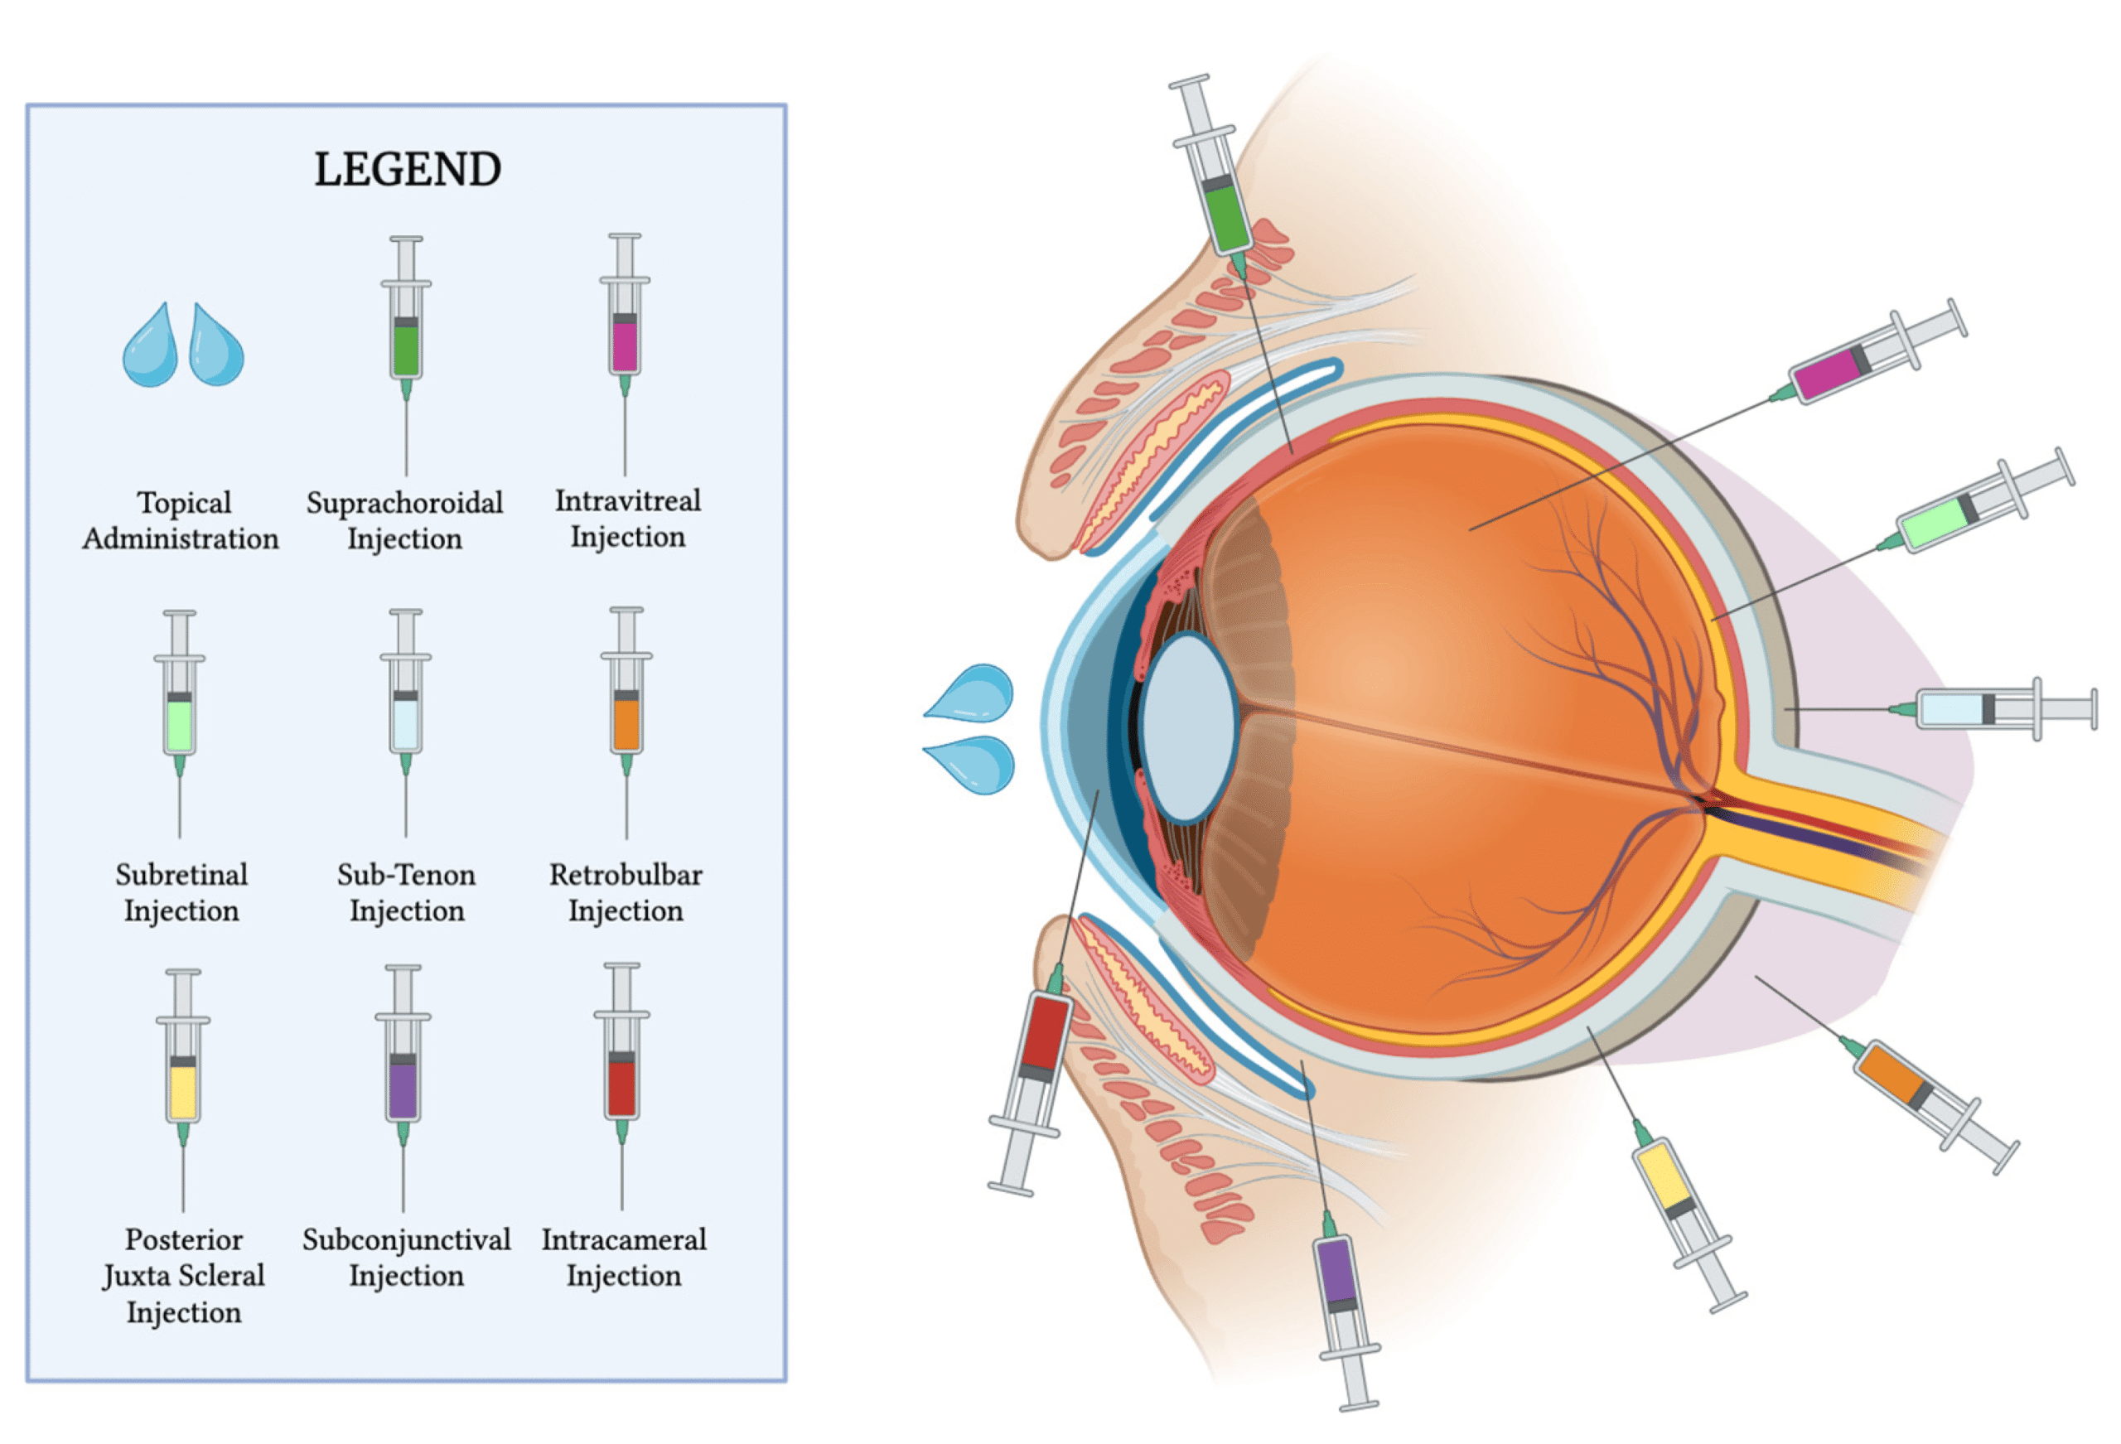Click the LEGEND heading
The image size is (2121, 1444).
pyautogui.click(x=407, y=170)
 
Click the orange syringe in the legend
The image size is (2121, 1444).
pyautogui.click(x=626, y=721)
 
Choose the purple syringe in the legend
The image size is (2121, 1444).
pyautogui.click(x=403, y=1086)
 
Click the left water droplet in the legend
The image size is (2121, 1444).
pyautogui.click(x=151, y=347)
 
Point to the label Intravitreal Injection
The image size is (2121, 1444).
pyautogui.click(x=628, y=518)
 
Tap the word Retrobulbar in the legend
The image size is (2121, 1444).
pyautogui.click(x=626, y=874)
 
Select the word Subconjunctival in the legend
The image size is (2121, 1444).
pyautogui.click(x=406, y=1239)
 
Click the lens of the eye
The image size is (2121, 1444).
pyautogui.click(x=1187, y=727)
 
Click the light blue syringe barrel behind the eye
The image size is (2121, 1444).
pyautogui.click(x=1954, y=709)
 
